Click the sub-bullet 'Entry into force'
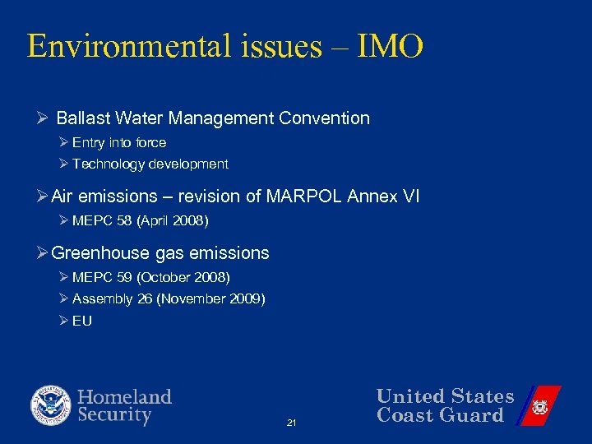click(x=119, y=143)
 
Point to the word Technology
click(x=109, y=164)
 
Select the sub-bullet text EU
click(x=82, y=321)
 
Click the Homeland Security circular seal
click(x=51, y=406)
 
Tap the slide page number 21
click(x=291, y=423)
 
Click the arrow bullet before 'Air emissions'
click(x=43, y=197)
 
